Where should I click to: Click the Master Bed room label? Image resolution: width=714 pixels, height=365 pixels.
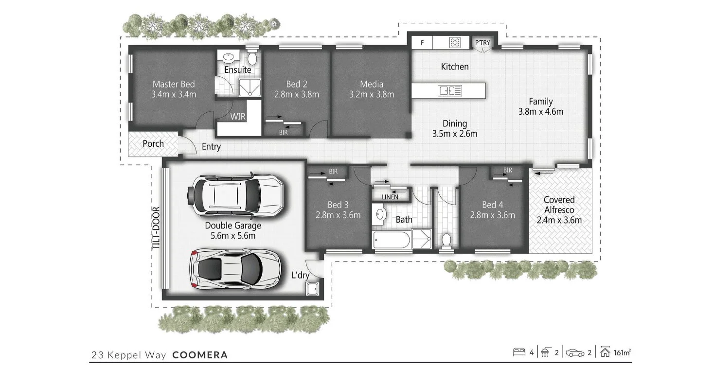pyautogui.click(x=174, y=84)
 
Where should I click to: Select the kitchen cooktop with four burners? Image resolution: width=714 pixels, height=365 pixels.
pyautogui.click(x=455, y=42)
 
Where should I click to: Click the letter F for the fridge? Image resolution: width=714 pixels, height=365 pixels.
pyautogui.click(x=422, y=43)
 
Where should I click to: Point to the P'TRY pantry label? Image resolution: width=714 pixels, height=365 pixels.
pyautogui.click(x=482, y=43)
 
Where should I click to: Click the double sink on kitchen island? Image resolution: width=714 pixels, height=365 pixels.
pyautogui.click(x=446, y=90)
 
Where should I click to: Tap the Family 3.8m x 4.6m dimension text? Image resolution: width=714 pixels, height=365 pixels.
pyautogui.click(x=541, y=111)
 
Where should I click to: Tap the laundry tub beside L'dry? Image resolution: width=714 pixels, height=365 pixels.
pyautogui.click(x=311, y=289)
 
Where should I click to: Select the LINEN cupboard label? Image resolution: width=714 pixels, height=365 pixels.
pyautogui.click(x=390, y=197)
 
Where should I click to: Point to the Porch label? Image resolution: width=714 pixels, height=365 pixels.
pyautogui.click(x=153, y=144)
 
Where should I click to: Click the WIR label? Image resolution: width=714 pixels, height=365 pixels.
pyautogui.click(x=238, y=117)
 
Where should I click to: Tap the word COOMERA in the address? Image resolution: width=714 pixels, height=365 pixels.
pyautogui.click(x=200, y=355)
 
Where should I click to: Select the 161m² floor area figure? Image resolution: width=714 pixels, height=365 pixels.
pyautogui.click(x=623, y=352)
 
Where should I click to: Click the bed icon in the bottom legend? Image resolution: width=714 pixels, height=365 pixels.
pyautogui.click(x=519, y=352)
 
